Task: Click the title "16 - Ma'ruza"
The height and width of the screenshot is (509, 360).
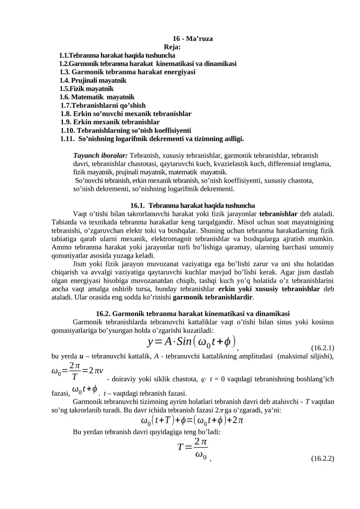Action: click(193, 39)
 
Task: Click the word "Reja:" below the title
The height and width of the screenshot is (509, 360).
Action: click(173, 47)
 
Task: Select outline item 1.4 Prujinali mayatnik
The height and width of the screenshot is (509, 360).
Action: click(93, 80)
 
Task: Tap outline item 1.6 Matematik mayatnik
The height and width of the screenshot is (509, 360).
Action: click(97, 97)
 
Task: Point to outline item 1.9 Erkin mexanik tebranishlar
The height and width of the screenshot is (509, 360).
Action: click(110, 122)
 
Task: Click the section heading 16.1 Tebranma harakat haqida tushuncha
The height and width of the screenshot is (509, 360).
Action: click(193, 205)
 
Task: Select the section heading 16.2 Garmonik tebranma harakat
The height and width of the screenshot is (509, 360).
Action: click(193, 313)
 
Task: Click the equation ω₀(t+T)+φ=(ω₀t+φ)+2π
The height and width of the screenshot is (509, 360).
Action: click(192, 421)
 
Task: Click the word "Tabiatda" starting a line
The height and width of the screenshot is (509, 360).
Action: click(65, 222)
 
